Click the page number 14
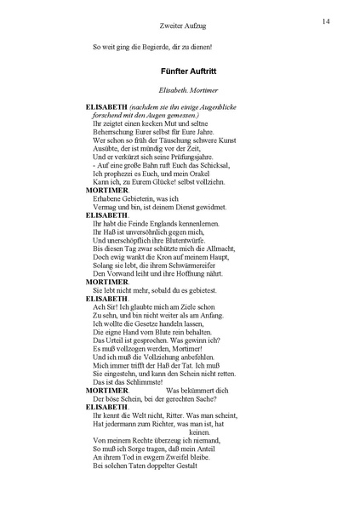click(x=327, y=20)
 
